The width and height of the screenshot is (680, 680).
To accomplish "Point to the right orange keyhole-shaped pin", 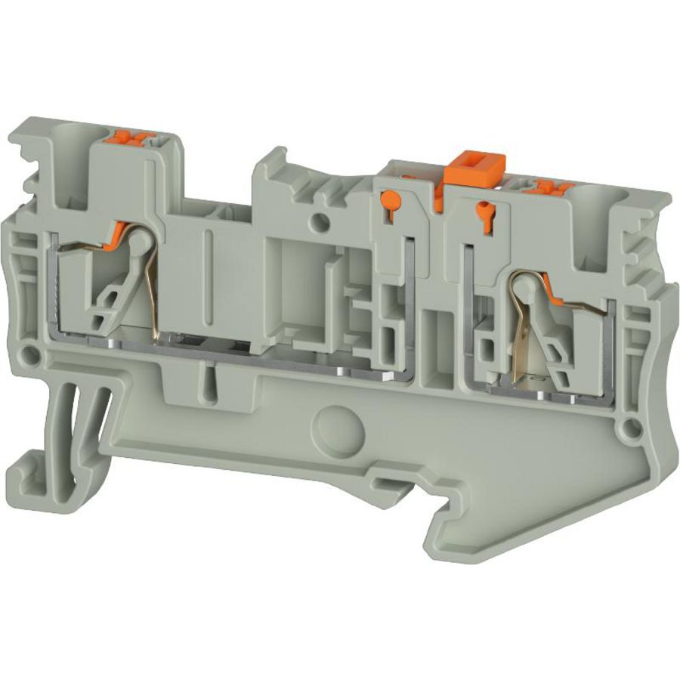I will coord(481,208).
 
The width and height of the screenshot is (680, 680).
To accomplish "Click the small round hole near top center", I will coord(321,222).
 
